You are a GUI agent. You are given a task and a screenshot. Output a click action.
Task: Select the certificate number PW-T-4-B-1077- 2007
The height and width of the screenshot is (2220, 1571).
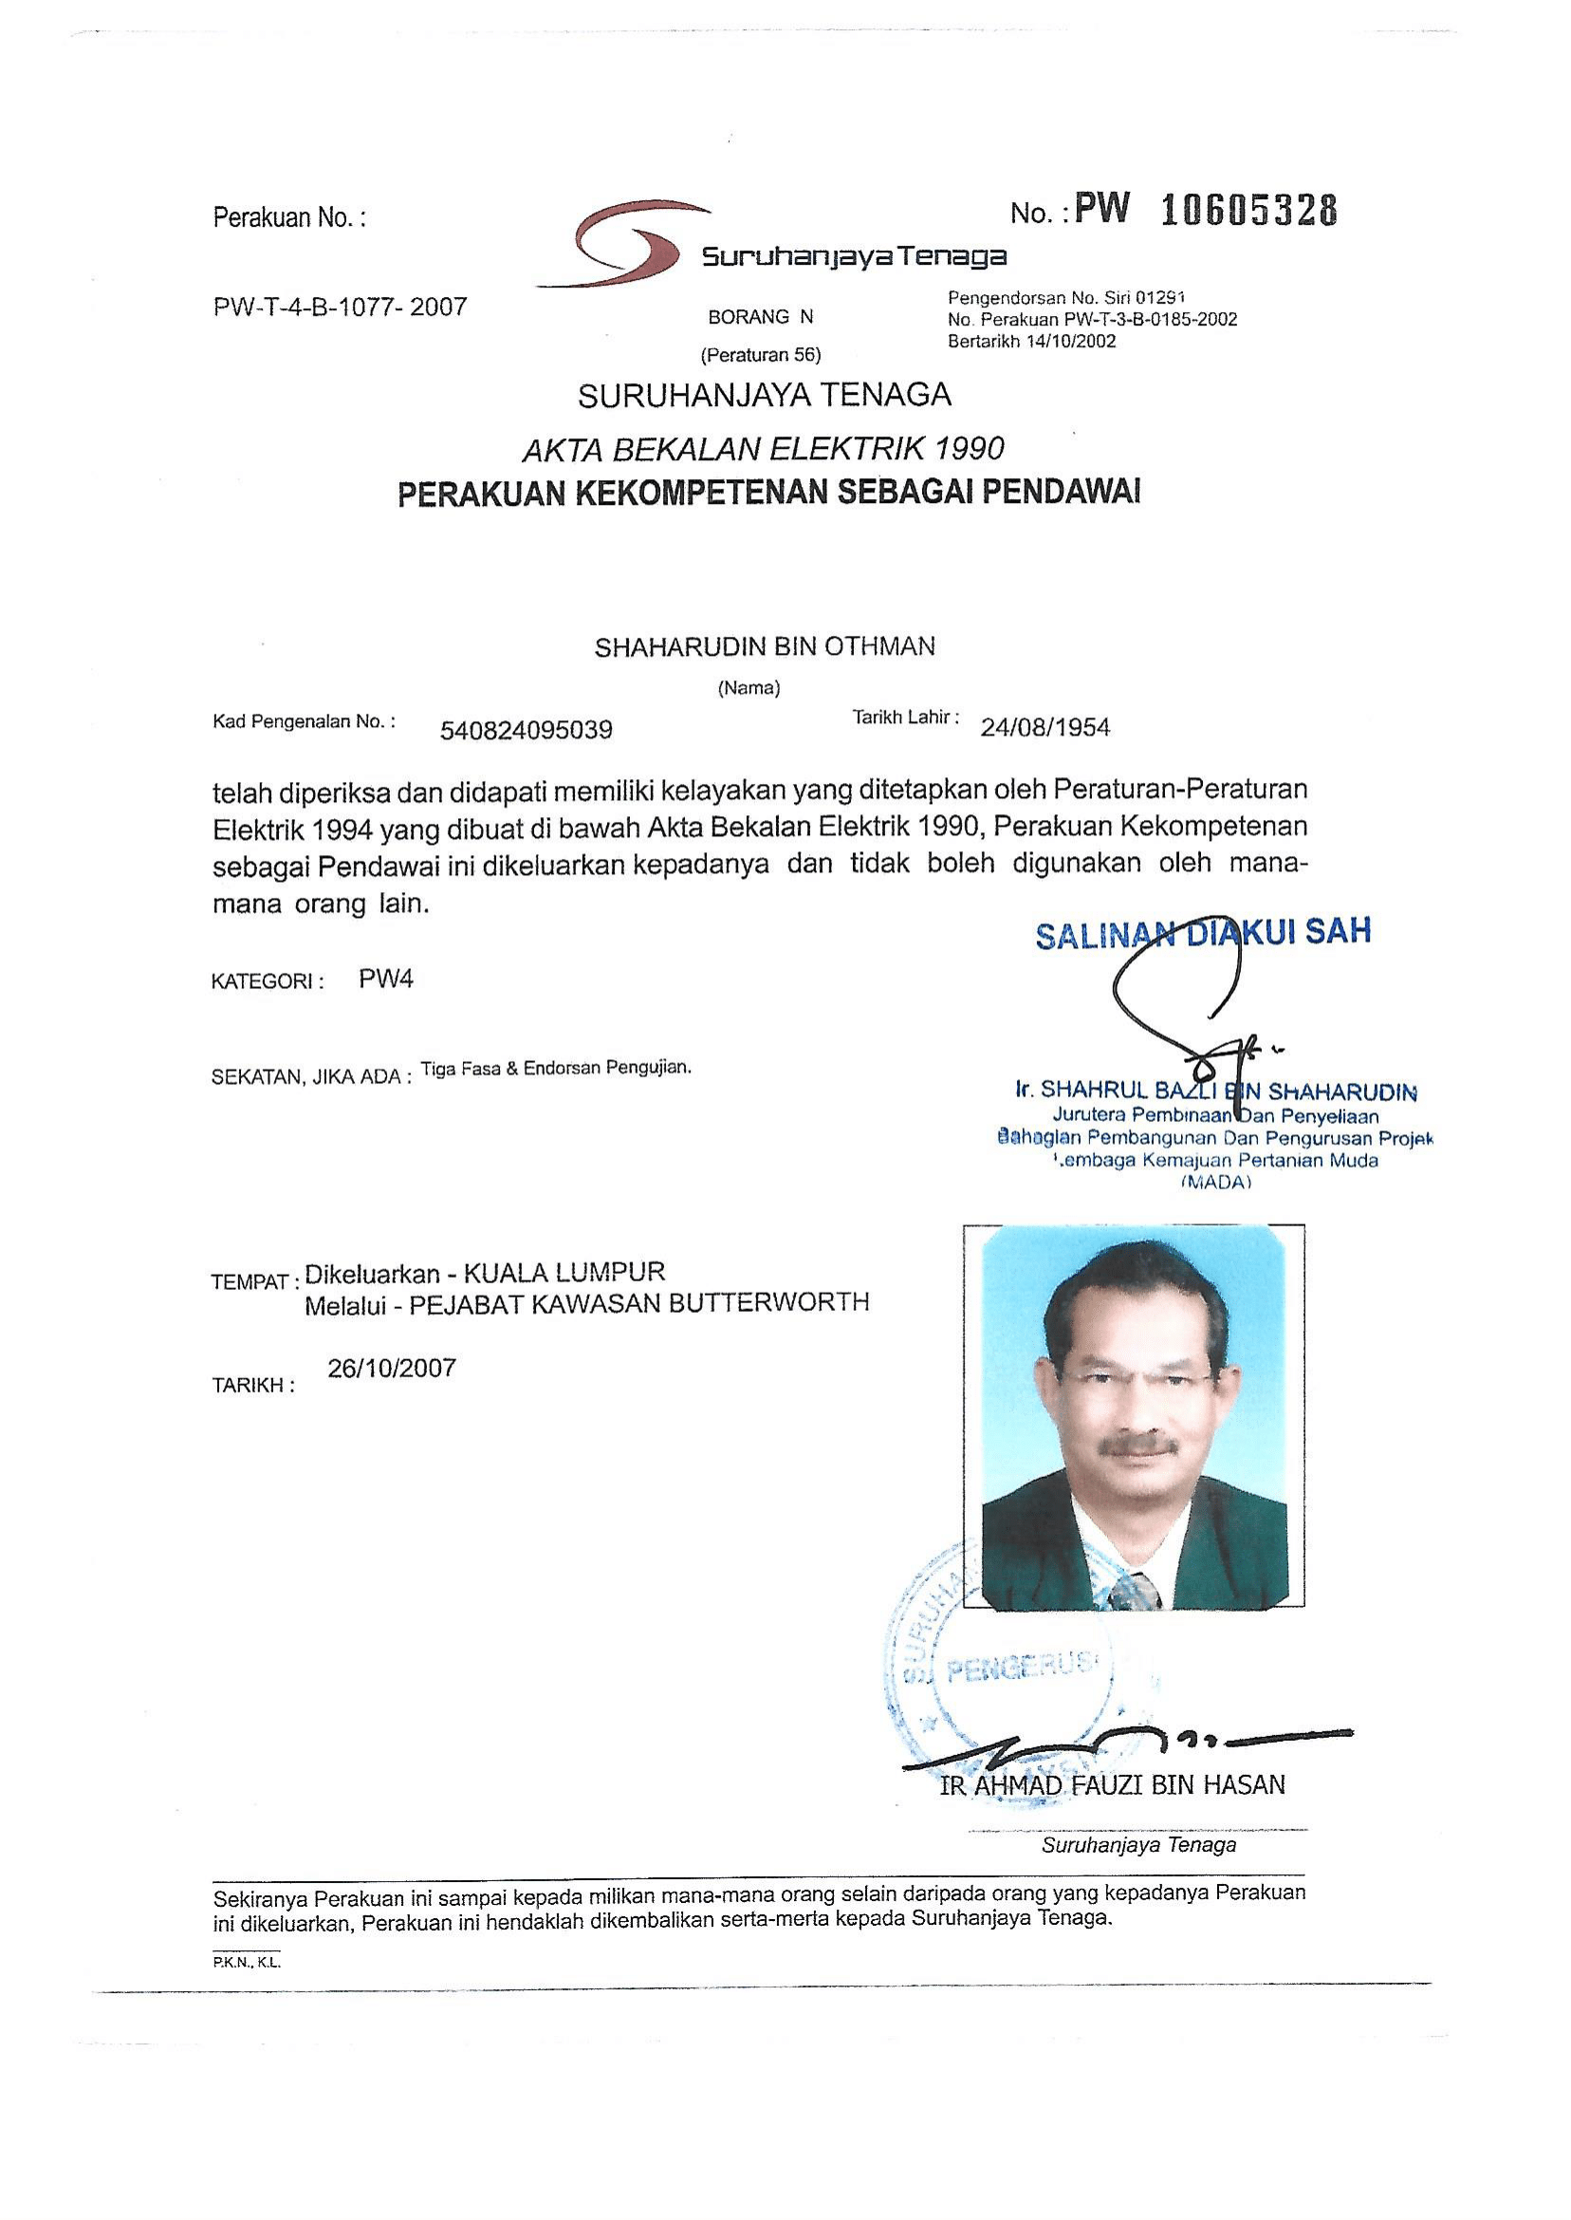coord(340,308)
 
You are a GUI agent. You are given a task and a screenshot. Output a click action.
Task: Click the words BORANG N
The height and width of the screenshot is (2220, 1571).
coord(760,316)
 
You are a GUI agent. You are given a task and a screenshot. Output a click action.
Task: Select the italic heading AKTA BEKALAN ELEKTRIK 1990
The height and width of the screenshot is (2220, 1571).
coord(764,449)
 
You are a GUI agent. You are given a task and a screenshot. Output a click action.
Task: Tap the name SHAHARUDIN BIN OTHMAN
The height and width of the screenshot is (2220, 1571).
coord(765,646)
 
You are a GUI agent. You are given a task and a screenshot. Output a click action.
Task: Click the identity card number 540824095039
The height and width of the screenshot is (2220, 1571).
coord(527,730)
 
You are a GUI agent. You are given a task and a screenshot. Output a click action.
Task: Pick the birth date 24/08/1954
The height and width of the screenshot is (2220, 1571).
coord(1044,727)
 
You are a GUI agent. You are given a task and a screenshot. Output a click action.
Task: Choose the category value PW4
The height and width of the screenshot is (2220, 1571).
coord(386,979)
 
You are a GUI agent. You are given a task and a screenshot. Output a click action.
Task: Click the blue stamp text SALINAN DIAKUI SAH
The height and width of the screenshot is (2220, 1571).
coord(1202,933)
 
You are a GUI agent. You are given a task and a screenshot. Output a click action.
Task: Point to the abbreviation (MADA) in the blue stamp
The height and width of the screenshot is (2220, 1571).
coord(1216,1182)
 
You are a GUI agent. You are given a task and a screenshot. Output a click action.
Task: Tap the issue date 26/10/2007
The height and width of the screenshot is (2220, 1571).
coord(392,1369)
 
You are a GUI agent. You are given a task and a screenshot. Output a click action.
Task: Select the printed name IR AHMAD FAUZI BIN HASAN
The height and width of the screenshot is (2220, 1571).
coord(1113,1785)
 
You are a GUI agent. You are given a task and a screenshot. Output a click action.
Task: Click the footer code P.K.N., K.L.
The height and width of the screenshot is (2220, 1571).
coord(247,1964)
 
